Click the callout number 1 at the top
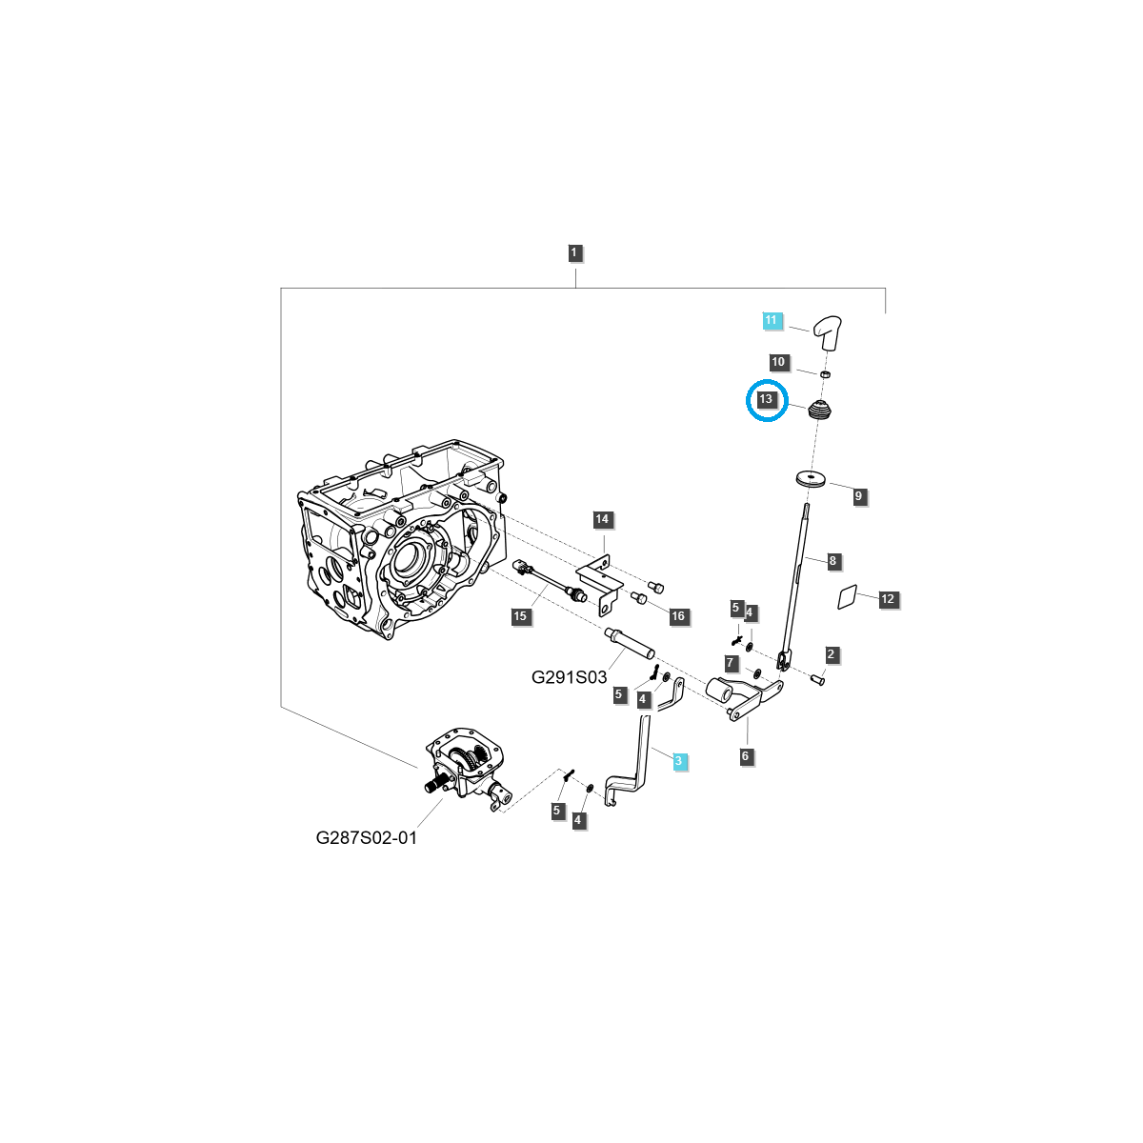pos(574,253)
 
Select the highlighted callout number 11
pos(772,320)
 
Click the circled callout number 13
pos(767,400)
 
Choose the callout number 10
pos(779,362)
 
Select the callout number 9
pos(858,496)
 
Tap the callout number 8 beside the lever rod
pos(832,561)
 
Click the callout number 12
pos(888,599)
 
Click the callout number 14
pos(602,519)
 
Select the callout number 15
pos(520,616)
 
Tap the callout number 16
pos(677,616)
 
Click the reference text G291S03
pos(569,677)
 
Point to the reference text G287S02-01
pos(367,838)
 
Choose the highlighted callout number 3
pos(678,761)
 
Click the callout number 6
pos(746,756)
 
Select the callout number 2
pos(832,654)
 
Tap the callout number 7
pos(731,663)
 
